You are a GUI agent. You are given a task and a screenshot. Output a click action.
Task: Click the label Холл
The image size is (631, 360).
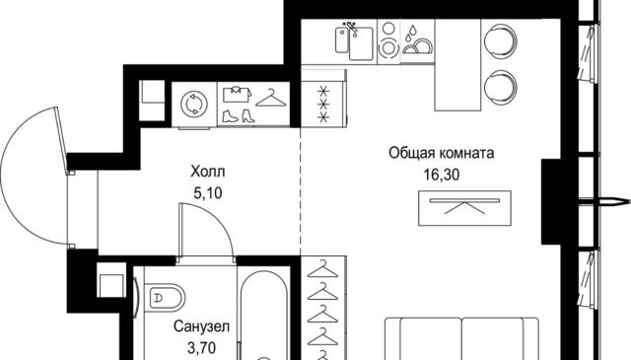coord(208,172)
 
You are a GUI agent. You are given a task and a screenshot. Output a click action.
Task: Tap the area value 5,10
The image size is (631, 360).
coord(208,193)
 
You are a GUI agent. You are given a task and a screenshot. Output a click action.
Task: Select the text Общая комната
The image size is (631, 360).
coord(442,153)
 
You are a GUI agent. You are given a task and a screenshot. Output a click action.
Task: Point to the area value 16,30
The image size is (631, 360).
coord(442,175)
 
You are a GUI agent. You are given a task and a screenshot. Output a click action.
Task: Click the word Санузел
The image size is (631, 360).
coord(201,326)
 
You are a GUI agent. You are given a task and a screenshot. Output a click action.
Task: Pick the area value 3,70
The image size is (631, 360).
coord(201,347)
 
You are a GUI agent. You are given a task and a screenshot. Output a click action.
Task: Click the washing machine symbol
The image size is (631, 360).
coord(194,105)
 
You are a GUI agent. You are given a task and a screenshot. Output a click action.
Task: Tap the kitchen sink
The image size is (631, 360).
coord(355,41)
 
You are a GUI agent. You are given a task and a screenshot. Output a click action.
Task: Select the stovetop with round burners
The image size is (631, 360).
coord(388,39)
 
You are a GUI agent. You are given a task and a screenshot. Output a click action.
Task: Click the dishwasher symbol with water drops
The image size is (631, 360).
coord(418,40)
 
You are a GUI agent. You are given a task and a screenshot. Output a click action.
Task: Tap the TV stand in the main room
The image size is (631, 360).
coord(464,208)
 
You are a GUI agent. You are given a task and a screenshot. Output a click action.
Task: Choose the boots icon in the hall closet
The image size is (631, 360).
coord(239,116)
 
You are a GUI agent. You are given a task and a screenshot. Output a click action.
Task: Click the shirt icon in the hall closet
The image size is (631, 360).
coord(238,95)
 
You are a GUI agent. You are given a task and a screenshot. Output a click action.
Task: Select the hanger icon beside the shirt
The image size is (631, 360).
coord(271,98)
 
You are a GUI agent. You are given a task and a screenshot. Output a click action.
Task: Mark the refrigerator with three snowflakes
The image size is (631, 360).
coord(323,105)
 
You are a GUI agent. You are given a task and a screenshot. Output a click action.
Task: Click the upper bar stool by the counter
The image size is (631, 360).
coord(500,39)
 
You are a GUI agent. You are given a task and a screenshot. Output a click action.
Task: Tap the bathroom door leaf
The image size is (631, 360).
coord(181,230)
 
